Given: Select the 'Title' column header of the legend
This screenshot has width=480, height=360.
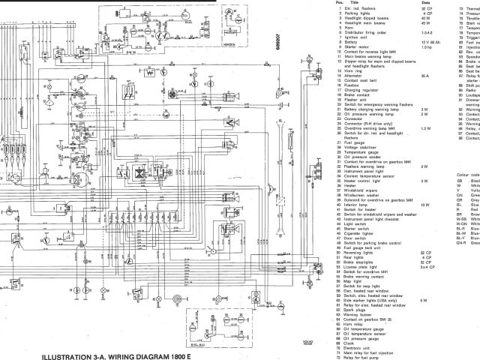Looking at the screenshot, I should point(349,3).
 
